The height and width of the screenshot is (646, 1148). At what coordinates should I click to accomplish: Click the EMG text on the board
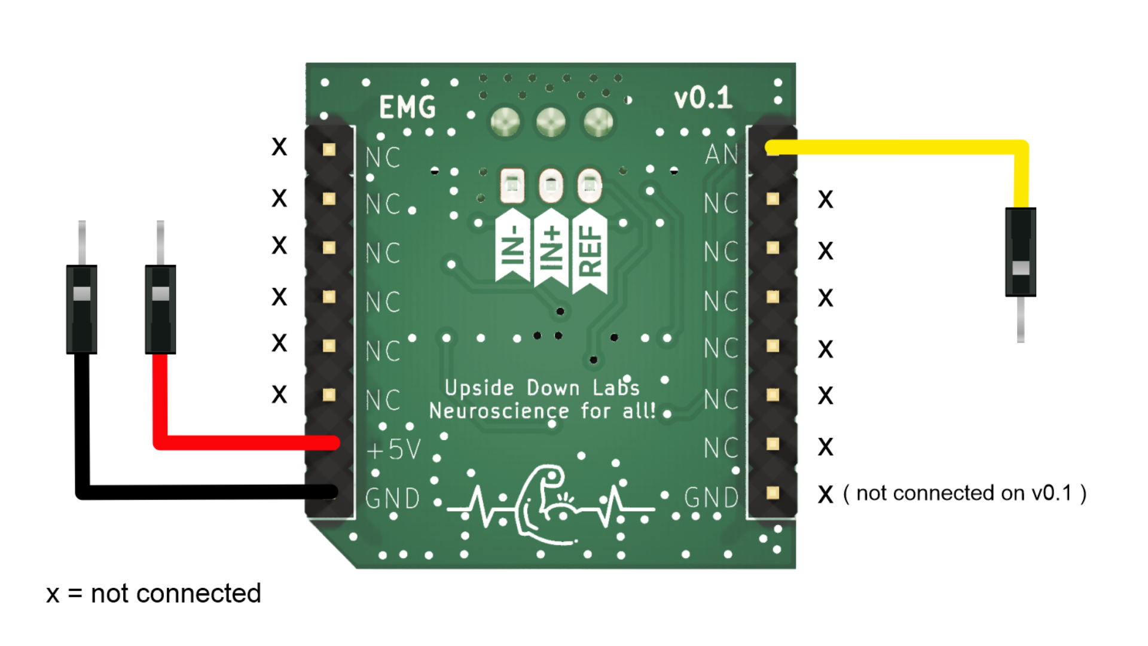[x=407, y=108]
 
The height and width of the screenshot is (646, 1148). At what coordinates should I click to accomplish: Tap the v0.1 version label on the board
[x=703, y=98]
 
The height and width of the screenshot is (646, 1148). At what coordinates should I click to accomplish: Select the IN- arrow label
[x=512, y=245]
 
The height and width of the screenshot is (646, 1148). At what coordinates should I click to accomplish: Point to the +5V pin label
[x=393, y=450]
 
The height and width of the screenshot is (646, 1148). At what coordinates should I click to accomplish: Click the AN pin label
[x=722, y=155]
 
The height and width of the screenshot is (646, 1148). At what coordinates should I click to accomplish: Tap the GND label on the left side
[x=393, y=498]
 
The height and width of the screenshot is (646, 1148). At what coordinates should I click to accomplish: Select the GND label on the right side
[x=712, y=497]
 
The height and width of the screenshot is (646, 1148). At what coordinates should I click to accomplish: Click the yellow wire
[x=897, y=147]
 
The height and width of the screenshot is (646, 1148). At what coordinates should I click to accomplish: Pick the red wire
[x=239, y=443]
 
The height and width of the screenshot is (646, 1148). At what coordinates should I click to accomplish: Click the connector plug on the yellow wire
[x=1021, y=252]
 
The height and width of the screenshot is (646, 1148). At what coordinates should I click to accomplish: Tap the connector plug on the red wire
[x=160, y=309]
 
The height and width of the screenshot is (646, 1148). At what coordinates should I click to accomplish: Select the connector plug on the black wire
[x=82, y=309]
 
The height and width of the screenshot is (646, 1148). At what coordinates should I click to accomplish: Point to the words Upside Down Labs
[x=542, y=388]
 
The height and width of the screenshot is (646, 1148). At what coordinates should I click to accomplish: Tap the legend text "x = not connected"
[x=154, y=594]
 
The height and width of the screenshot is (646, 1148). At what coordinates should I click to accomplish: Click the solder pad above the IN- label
[x=512, y=185]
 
